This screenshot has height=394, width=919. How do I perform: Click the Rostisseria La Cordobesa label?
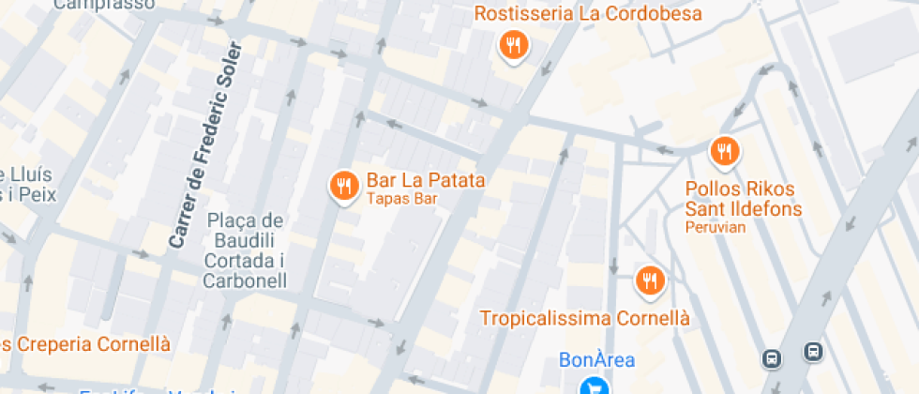[588, 14]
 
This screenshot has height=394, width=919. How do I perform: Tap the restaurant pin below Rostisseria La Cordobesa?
[512, 45]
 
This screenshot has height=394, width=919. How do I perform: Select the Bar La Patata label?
[425, 180]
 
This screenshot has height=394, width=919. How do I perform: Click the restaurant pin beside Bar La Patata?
[344, 186]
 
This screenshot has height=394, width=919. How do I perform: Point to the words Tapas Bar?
[401, 199]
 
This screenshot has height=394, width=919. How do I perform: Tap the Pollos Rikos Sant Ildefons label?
[743, 199]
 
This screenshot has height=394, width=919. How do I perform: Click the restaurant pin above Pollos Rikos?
[724, 150]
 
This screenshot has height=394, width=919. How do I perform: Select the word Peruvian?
[715, 227]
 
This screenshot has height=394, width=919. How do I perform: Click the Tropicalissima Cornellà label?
[584, 318]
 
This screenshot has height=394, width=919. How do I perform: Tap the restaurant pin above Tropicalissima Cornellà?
[649, 280]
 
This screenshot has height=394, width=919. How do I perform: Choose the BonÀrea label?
[596, 359]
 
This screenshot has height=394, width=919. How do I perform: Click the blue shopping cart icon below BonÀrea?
[593, 386]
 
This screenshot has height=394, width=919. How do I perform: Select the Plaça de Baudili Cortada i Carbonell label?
[246, 250]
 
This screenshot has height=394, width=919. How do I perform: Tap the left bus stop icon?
[771, 357]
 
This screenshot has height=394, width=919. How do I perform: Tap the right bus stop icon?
[812, 352]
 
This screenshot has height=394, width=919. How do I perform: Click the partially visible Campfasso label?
[104, 5]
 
